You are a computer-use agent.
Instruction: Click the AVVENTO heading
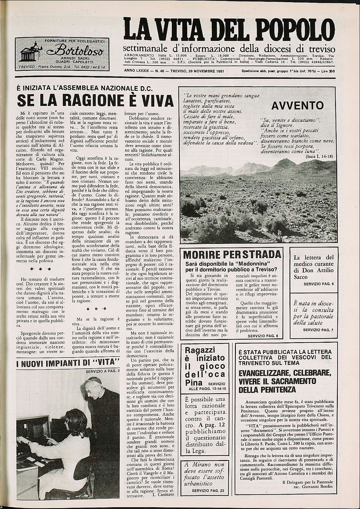coord(297,105)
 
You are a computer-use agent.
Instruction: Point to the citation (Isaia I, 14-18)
coord(318,156)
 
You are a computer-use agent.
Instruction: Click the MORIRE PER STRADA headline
coord(232,254)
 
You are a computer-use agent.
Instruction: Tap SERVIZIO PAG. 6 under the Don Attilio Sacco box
coord(319,284)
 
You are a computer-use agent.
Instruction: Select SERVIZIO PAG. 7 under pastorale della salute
coord(318,330)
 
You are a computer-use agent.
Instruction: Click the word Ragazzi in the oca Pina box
coord(199,350)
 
